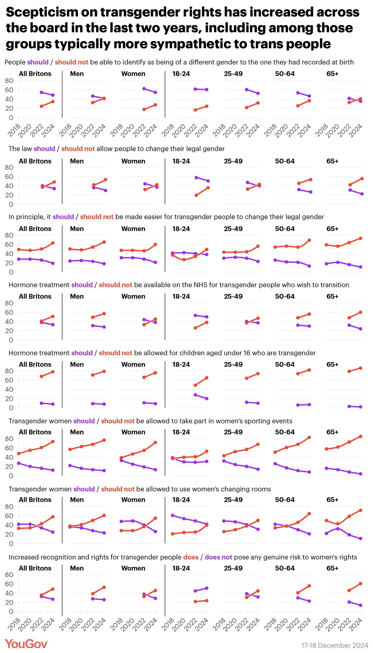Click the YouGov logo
click(x=26, y=644)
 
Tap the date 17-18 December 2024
click(x=334, y=646)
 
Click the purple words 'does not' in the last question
click(x=218, y=557)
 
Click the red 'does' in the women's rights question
click(x=191, y=557)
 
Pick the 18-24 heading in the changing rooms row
click(x=181, y=500)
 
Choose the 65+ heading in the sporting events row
click(x=332, y=432)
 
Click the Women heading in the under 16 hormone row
click(x=133, y=364)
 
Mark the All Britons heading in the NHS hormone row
click(x=35, y=296)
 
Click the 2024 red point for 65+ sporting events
click(x=361, y=437)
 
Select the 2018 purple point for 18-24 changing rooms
click(x=173, y=515)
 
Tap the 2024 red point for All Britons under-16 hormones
click(x=53, y=372)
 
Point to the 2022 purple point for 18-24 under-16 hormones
click(x=195, y=395)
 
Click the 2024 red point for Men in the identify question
click(x=104, y=98)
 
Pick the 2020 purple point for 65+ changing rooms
click(x=338, y=529)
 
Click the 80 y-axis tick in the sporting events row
click(x=9, y=439)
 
